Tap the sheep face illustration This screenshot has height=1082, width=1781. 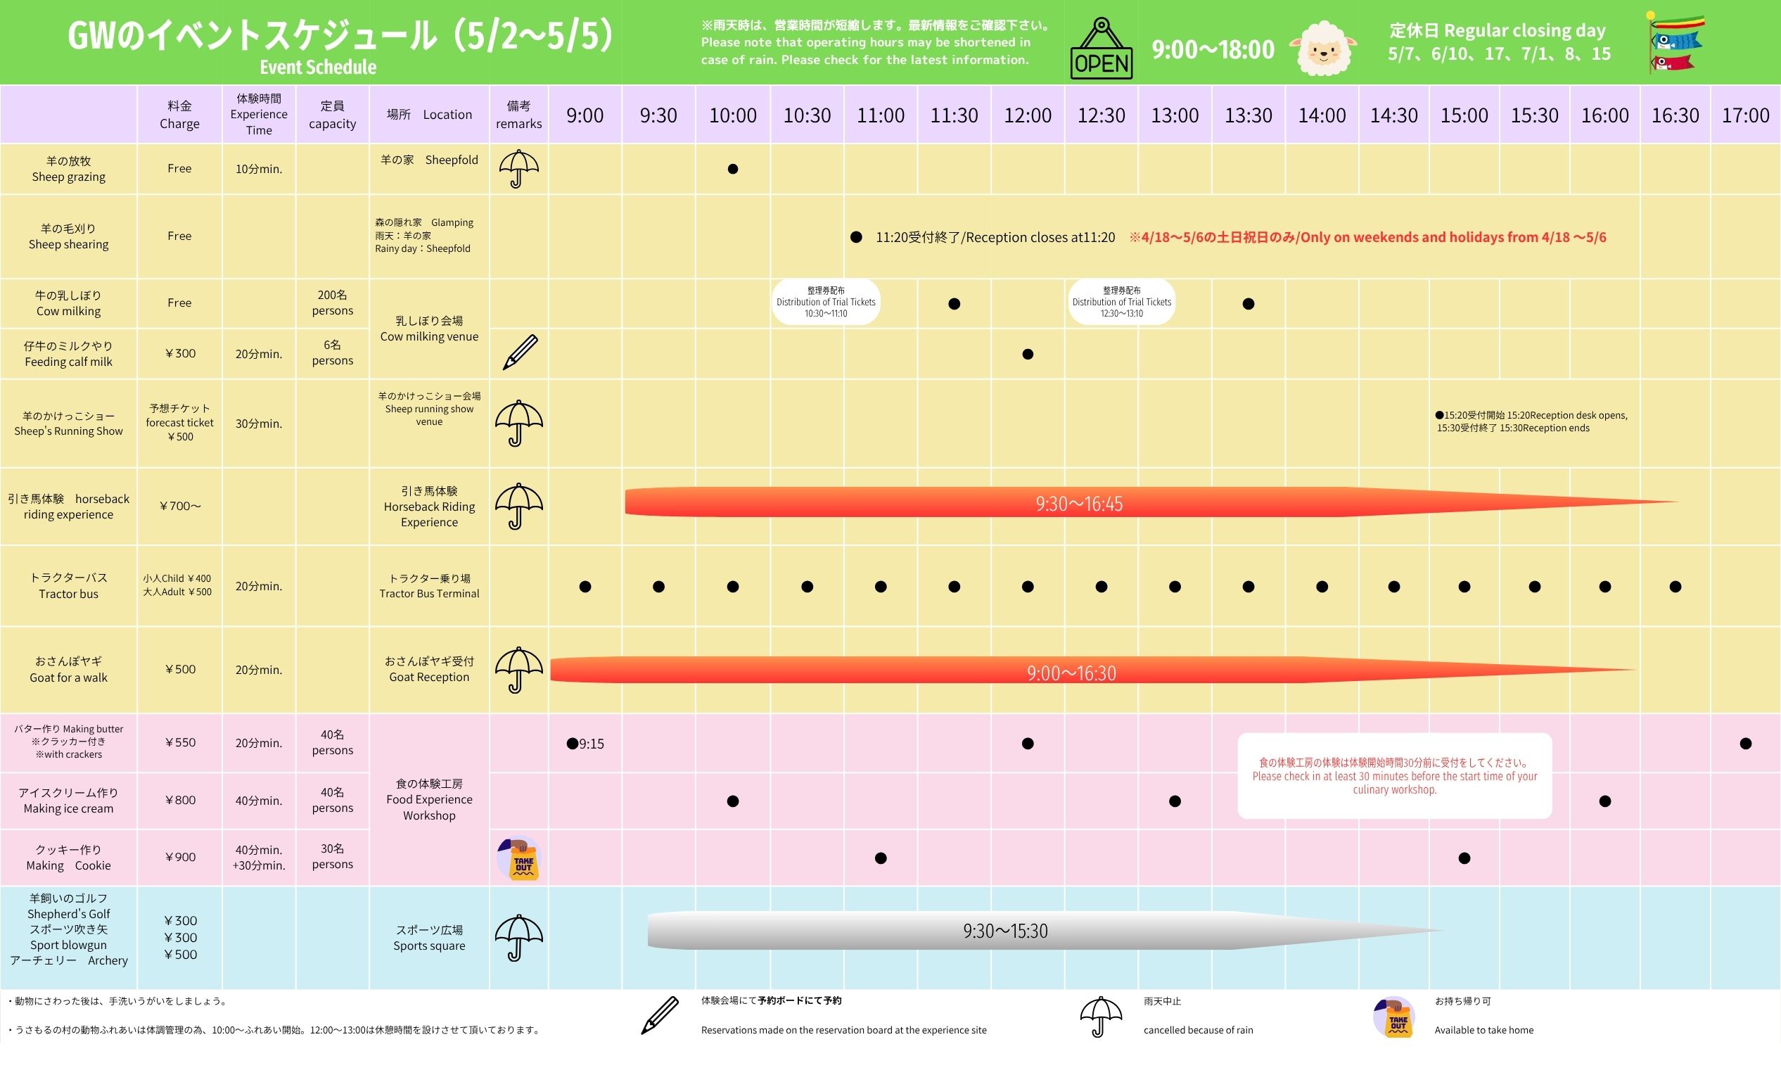pos(1323,49)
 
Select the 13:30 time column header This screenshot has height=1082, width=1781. pos(1249,115)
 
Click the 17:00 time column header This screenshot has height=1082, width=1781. pos(1746,115)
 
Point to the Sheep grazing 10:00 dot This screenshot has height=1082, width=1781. pos(733,169)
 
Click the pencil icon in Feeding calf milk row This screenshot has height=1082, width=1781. pos(520,352)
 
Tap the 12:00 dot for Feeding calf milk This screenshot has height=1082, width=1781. pos(1028,354)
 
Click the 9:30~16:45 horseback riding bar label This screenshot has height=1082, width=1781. pos(1079,504)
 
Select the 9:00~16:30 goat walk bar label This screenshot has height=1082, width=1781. pos(1071,673)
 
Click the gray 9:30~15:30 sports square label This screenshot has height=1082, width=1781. pos(1004,931)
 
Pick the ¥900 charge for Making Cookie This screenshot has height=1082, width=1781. pos(180,857)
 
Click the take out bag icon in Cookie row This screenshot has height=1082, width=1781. pos(520,859)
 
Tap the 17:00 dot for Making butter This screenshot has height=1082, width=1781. pos(1746,744)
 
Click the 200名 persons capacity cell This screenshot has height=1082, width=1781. pos(333,303)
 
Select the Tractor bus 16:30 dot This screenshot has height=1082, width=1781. pos(1675,587)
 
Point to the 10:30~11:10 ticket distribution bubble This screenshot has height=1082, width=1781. pos(826,302)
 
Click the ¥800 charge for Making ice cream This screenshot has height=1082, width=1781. pos(180,800)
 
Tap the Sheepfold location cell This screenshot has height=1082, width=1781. pos(429,160)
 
